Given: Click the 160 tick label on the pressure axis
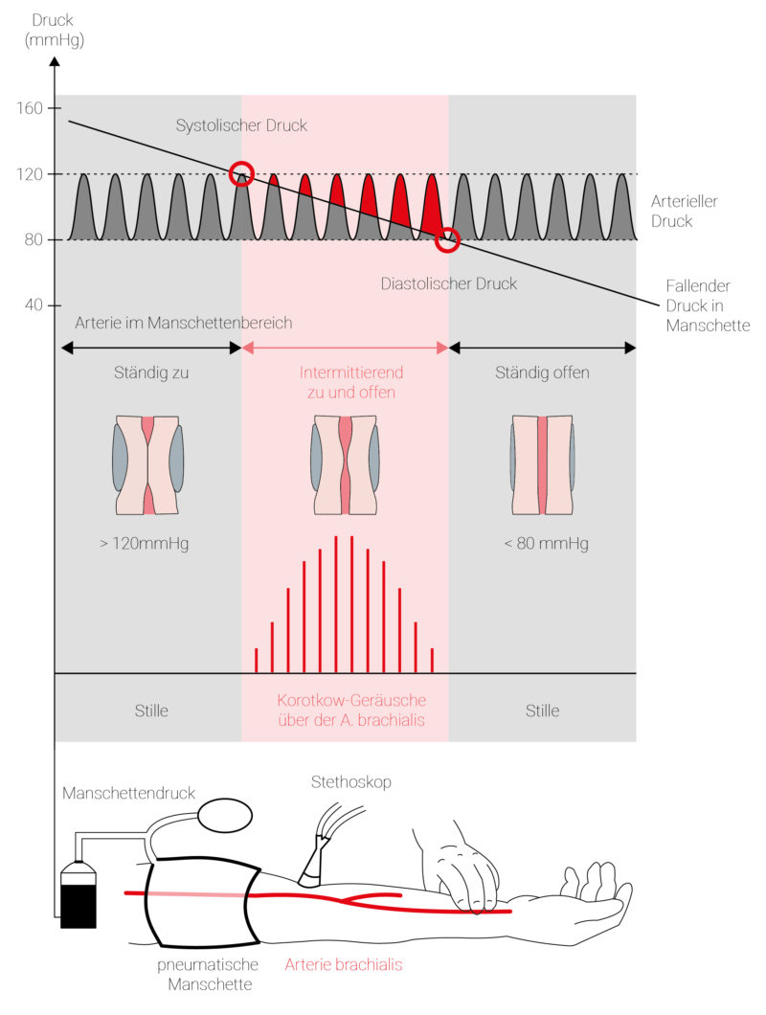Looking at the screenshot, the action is point(30,108).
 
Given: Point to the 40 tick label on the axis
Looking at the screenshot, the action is point(34,304).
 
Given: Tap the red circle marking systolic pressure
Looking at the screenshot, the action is point(241,173).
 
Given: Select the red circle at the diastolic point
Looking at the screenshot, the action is point(447,239).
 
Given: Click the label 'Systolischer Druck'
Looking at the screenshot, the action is point(241,125).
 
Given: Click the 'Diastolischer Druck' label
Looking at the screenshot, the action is point(449,283).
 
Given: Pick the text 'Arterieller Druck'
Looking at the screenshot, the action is point(684,211).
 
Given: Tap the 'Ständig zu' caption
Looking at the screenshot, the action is point(151,372).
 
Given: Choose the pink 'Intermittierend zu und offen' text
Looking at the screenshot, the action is point(351,382).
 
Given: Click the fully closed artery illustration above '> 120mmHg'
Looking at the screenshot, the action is point(148,464).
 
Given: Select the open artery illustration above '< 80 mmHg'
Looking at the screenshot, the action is point(543,464).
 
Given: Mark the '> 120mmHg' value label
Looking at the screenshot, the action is point(145,543).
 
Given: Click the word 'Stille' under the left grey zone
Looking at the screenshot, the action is point(151,710).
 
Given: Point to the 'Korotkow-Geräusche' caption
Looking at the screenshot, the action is point(351,700).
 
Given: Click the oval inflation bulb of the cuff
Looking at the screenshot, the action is point(225,815).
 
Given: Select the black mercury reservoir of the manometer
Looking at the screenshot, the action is point(79,895).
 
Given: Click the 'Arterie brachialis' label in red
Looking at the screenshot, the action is point(344,964).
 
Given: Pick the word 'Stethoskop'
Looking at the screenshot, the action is point(351,782).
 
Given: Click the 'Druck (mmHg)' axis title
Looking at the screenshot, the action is point(55,31).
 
